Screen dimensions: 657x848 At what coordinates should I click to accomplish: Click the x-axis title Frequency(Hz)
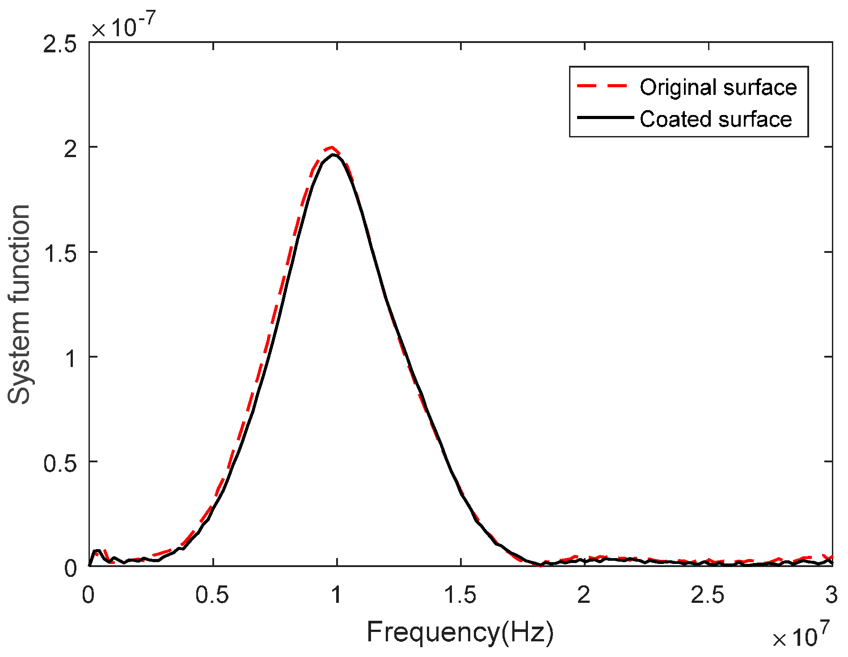coord(460,632)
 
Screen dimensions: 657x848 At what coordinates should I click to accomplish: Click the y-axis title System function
coord(19,304)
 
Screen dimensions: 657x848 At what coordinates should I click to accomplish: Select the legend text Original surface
coord(718,87)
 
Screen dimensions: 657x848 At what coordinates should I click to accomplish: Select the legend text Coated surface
coord(715,119)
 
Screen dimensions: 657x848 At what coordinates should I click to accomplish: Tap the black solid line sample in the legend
coord(605,118)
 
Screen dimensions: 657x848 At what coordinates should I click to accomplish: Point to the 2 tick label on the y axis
coord(71,148)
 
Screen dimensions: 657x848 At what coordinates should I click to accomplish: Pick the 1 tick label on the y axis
coord(71,358)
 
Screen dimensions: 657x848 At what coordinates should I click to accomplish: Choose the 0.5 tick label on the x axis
coord(212,595)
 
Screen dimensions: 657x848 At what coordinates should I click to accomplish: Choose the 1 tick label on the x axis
coord(336,595)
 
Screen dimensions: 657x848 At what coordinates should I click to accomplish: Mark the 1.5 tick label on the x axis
coord(460,595)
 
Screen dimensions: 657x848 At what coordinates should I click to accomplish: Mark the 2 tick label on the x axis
coord(584,595)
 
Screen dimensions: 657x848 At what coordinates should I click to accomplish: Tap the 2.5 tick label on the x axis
coord(708,595)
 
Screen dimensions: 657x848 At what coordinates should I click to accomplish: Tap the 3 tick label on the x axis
coord(831,595)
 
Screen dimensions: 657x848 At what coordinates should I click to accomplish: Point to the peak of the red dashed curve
coord(331,147)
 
